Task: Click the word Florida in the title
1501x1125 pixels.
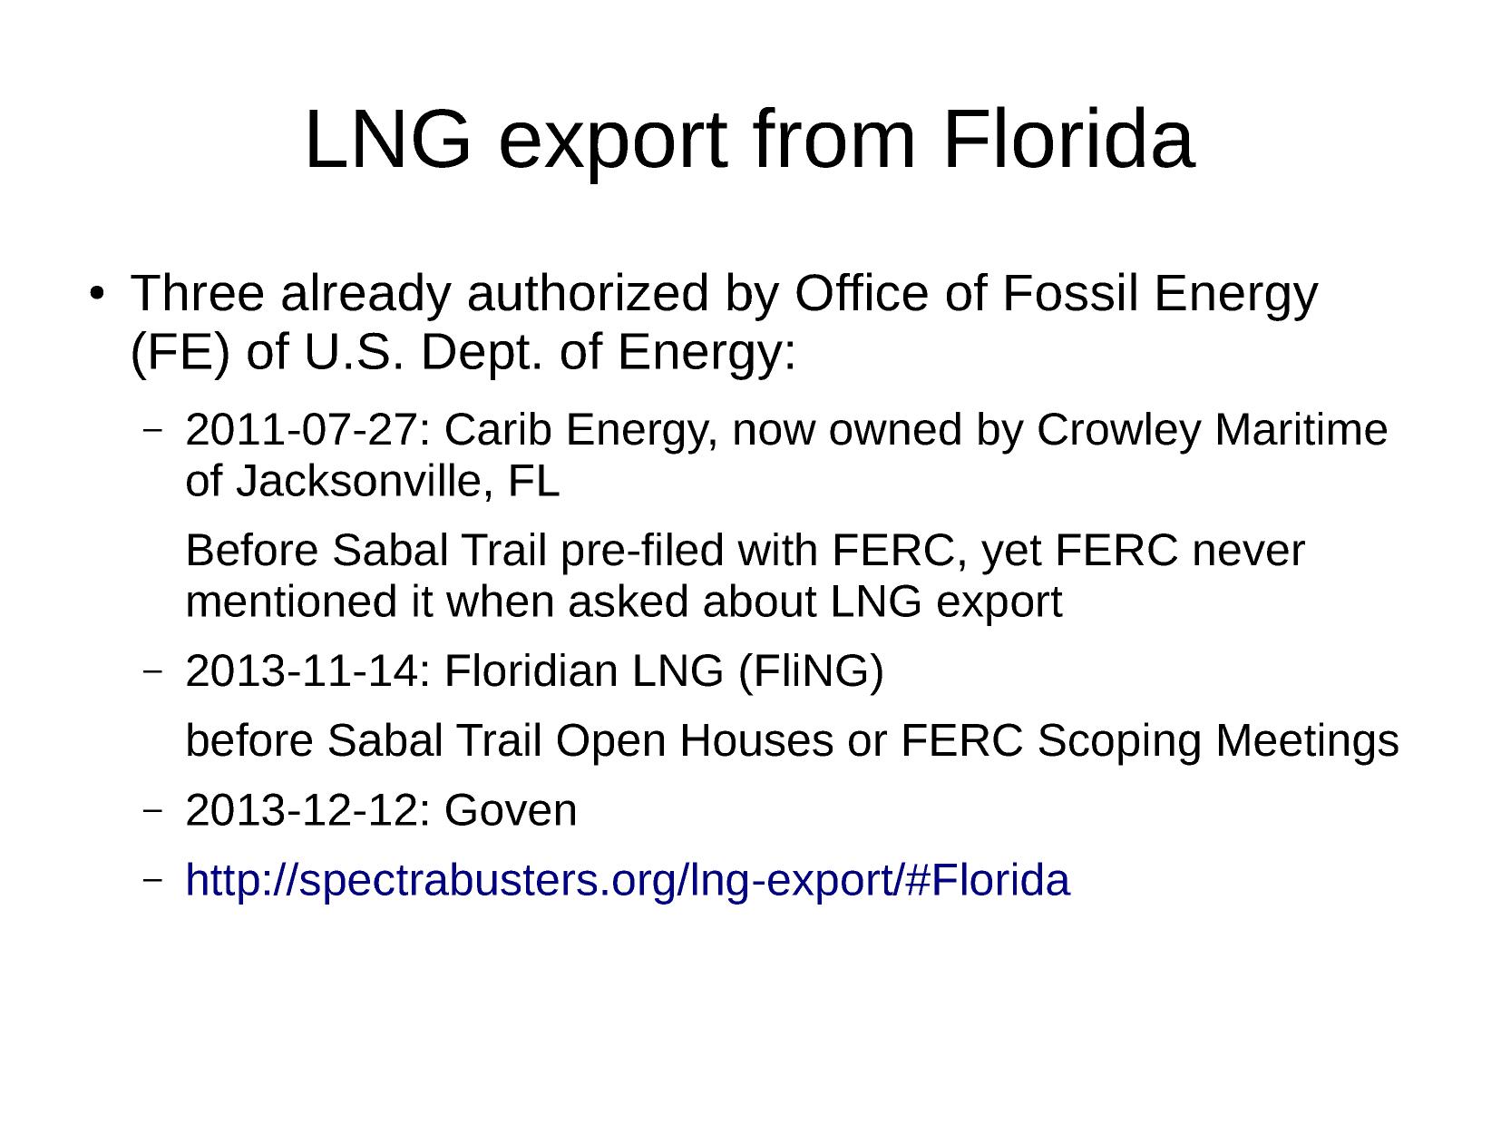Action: (1068, 140)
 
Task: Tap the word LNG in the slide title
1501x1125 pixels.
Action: (388, 141)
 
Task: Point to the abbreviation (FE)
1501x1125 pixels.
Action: (180, 353)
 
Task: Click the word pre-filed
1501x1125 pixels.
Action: (641, 552)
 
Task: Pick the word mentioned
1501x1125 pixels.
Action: (291, 602)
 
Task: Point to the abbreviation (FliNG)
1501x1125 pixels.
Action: (811, 672)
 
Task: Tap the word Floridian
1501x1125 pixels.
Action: (531, 670)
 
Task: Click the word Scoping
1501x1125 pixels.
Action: (1119, 742)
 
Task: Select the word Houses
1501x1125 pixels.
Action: (756, 740)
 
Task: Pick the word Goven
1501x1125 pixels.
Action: (511, 811)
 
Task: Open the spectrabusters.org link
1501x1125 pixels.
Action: (627, 881)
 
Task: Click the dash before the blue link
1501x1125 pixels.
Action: (152, 879)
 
